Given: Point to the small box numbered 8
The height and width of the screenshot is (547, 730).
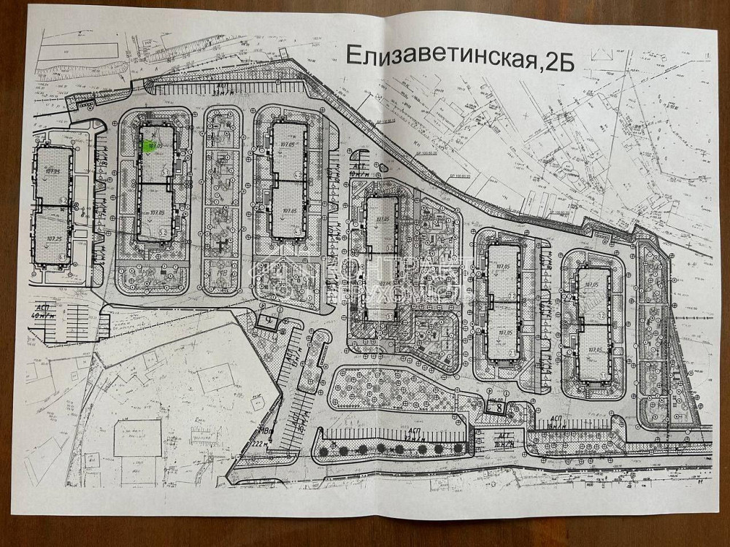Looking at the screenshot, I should (x=497, y=406).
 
